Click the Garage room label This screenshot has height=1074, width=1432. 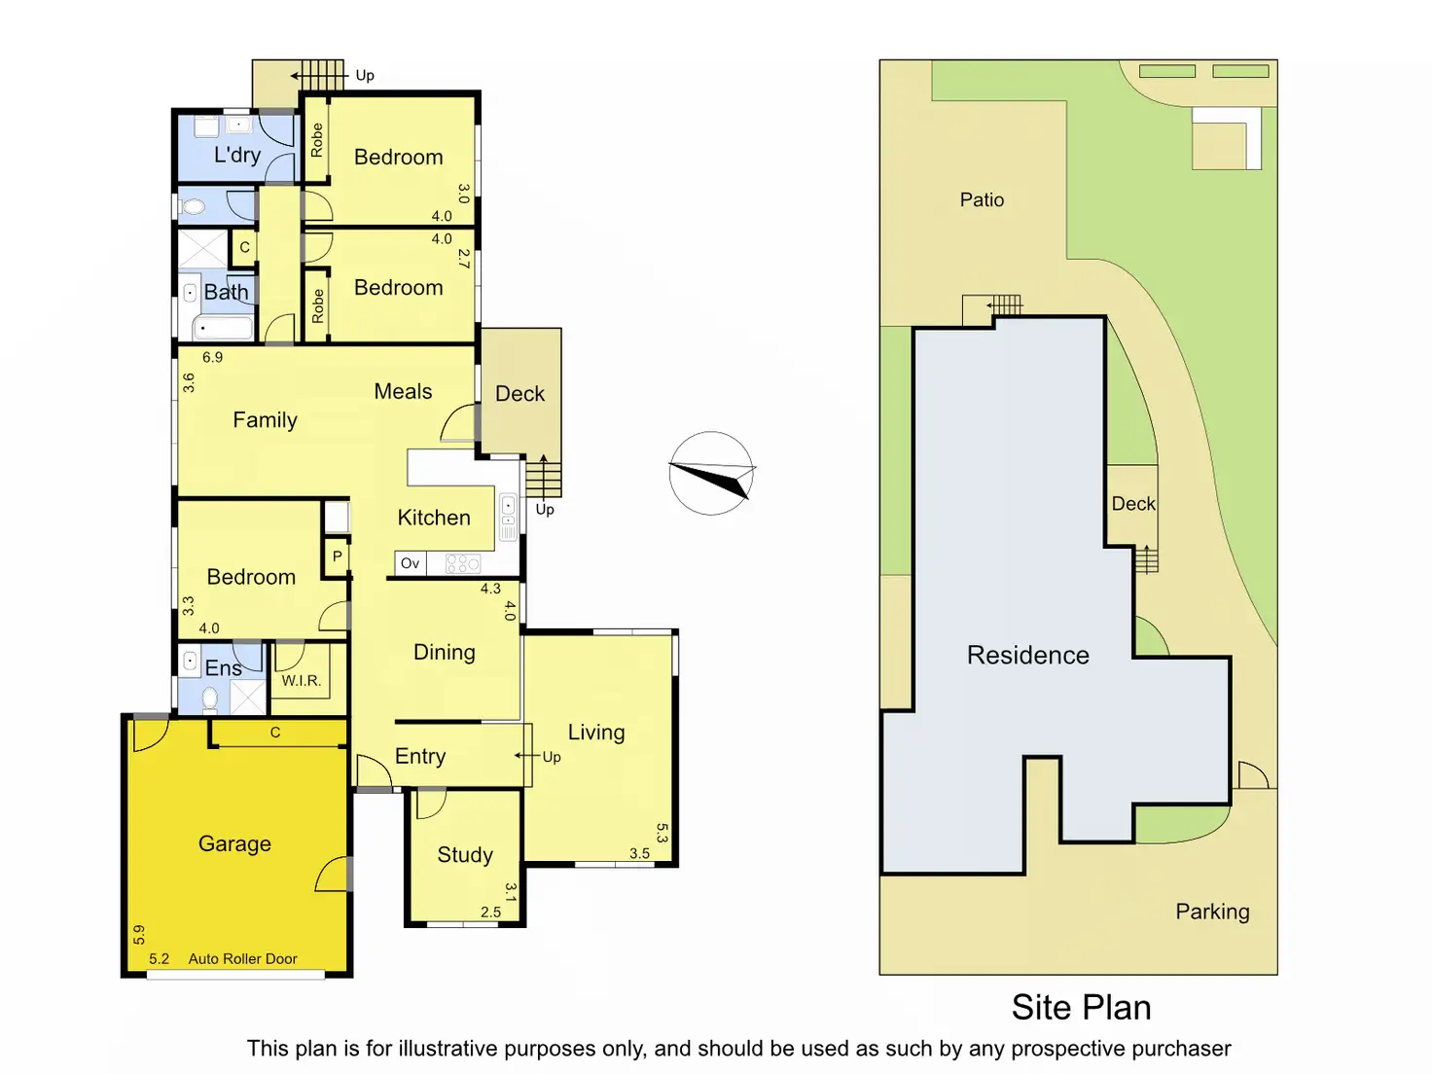point(234,843)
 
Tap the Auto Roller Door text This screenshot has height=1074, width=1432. point(242,958)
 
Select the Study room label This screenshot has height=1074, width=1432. point(465,854)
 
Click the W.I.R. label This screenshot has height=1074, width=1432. point(302,680)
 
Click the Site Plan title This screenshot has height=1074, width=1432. point(1081,1007)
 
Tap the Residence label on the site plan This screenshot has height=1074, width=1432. point(1027,655)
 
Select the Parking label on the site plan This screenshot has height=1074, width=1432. point(1212,912)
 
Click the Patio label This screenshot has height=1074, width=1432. point(982,199)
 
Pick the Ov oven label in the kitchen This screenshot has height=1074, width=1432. point(411,563)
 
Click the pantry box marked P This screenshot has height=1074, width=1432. point(337,556)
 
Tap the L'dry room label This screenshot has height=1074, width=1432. point(237,155)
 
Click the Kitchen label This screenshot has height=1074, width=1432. point(434,518)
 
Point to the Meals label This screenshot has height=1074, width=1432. point(403,391)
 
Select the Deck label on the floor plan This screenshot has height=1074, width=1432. point(519,394)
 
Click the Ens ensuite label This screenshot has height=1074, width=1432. point(223,667)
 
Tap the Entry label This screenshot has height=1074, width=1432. point(420,756)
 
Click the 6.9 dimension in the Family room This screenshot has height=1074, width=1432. point(212,357)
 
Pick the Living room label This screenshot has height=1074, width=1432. point(596,732)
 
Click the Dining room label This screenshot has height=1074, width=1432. point(445,652)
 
